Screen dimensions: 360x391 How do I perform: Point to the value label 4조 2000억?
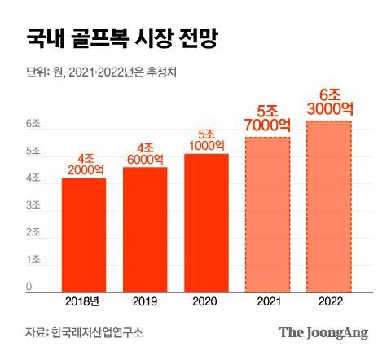[x=84, y=164]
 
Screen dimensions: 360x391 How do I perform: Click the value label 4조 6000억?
[x=145, y=153]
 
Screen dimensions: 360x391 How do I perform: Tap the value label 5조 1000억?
[x=206, y=139]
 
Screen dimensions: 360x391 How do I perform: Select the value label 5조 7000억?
[x=267, y=117]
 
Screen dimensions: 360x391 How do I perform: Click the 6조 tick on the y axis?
[x=33, y=125]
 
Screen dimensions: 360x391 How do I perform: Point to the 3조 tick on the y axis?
[x=33, y=205]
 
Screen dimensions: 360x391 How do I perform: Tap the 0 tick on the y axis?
[x=29, y=286]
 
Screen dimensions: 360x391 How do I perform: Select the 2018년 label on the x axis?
[x=84, y=301]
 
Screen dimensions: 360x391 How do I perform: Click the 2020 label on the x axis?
[x=206, y=301]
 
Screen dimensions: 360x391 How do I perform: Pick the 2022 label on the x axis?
[x=328, y=301]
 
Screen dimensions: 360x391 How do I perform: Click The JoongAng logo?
[x=323, y=332]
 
